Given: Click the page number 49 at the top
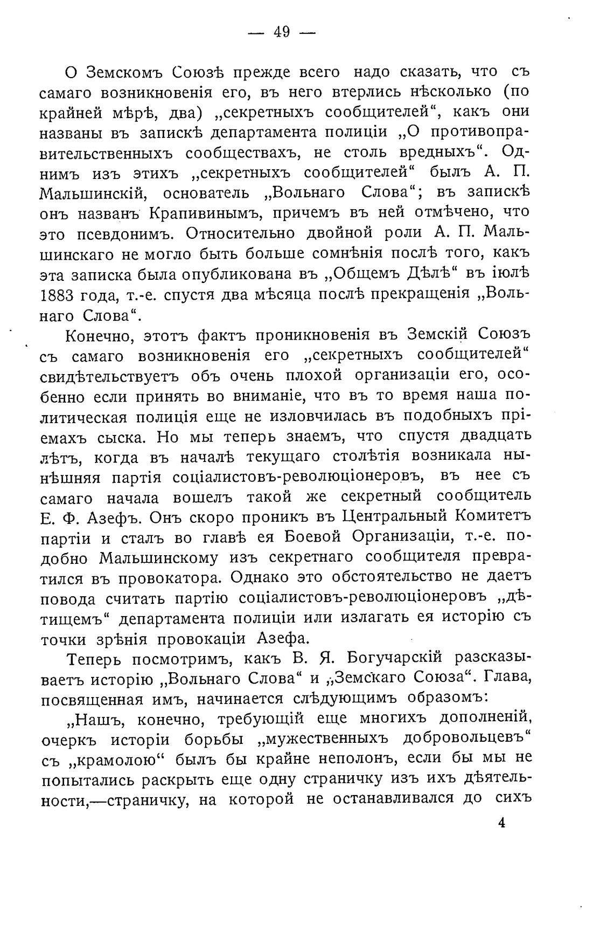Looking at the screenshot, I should [282, 33].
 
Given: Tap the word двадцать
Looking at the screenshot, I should [496, 435].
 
